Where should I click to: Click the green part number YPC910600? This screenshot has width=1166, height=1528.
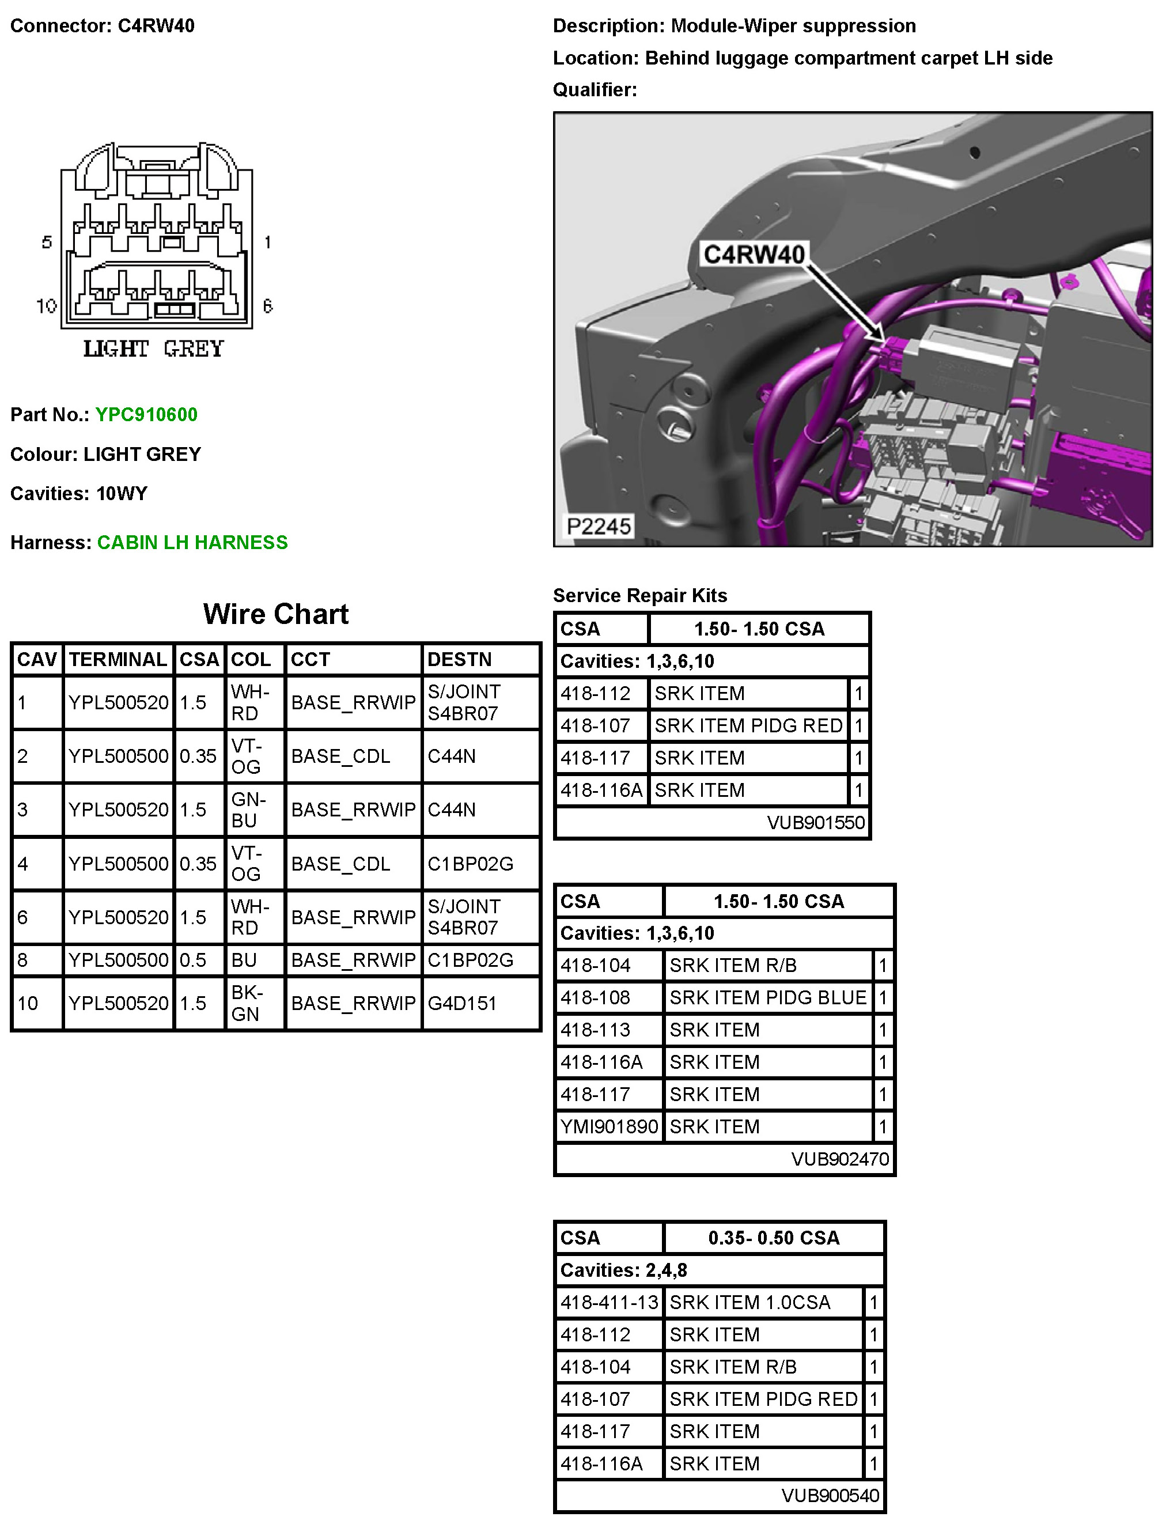146,414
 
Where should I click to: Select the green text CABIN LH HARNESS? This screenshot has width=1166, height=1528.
192,542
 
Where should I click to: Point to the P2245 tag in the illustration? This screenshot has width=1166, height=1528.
599,526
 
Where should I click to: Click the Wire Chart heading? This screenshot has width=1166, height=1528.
275,614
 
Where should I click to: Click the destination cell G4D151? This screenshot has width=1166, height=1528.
461,1003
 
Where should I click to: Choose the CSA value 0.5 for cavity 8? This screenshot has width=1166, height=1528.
193,960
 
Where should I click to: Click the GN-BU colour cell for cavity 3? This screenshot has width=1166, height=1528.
248,810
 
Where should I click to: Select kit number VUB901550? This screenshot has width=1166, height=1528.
816,823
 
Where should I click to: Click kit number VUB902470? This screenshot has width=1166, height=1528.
840,1159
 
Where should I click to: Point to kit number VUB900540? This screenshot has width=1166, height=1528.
830,1495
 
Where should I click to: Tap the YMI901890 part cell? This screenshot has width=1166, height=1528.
609,1126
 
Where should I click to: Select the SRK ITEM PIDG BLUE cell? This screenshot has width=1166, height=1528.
767,997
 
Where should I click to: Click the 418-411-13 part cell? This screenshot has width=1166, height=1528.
609,1302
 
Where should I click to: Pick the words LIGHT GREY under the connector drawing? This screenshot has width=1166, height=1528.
153,349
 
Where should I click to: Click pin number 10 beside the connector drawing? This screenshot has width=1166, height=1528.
47,305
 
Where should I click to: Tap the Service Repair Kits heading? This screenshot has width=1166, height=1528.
640,596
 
